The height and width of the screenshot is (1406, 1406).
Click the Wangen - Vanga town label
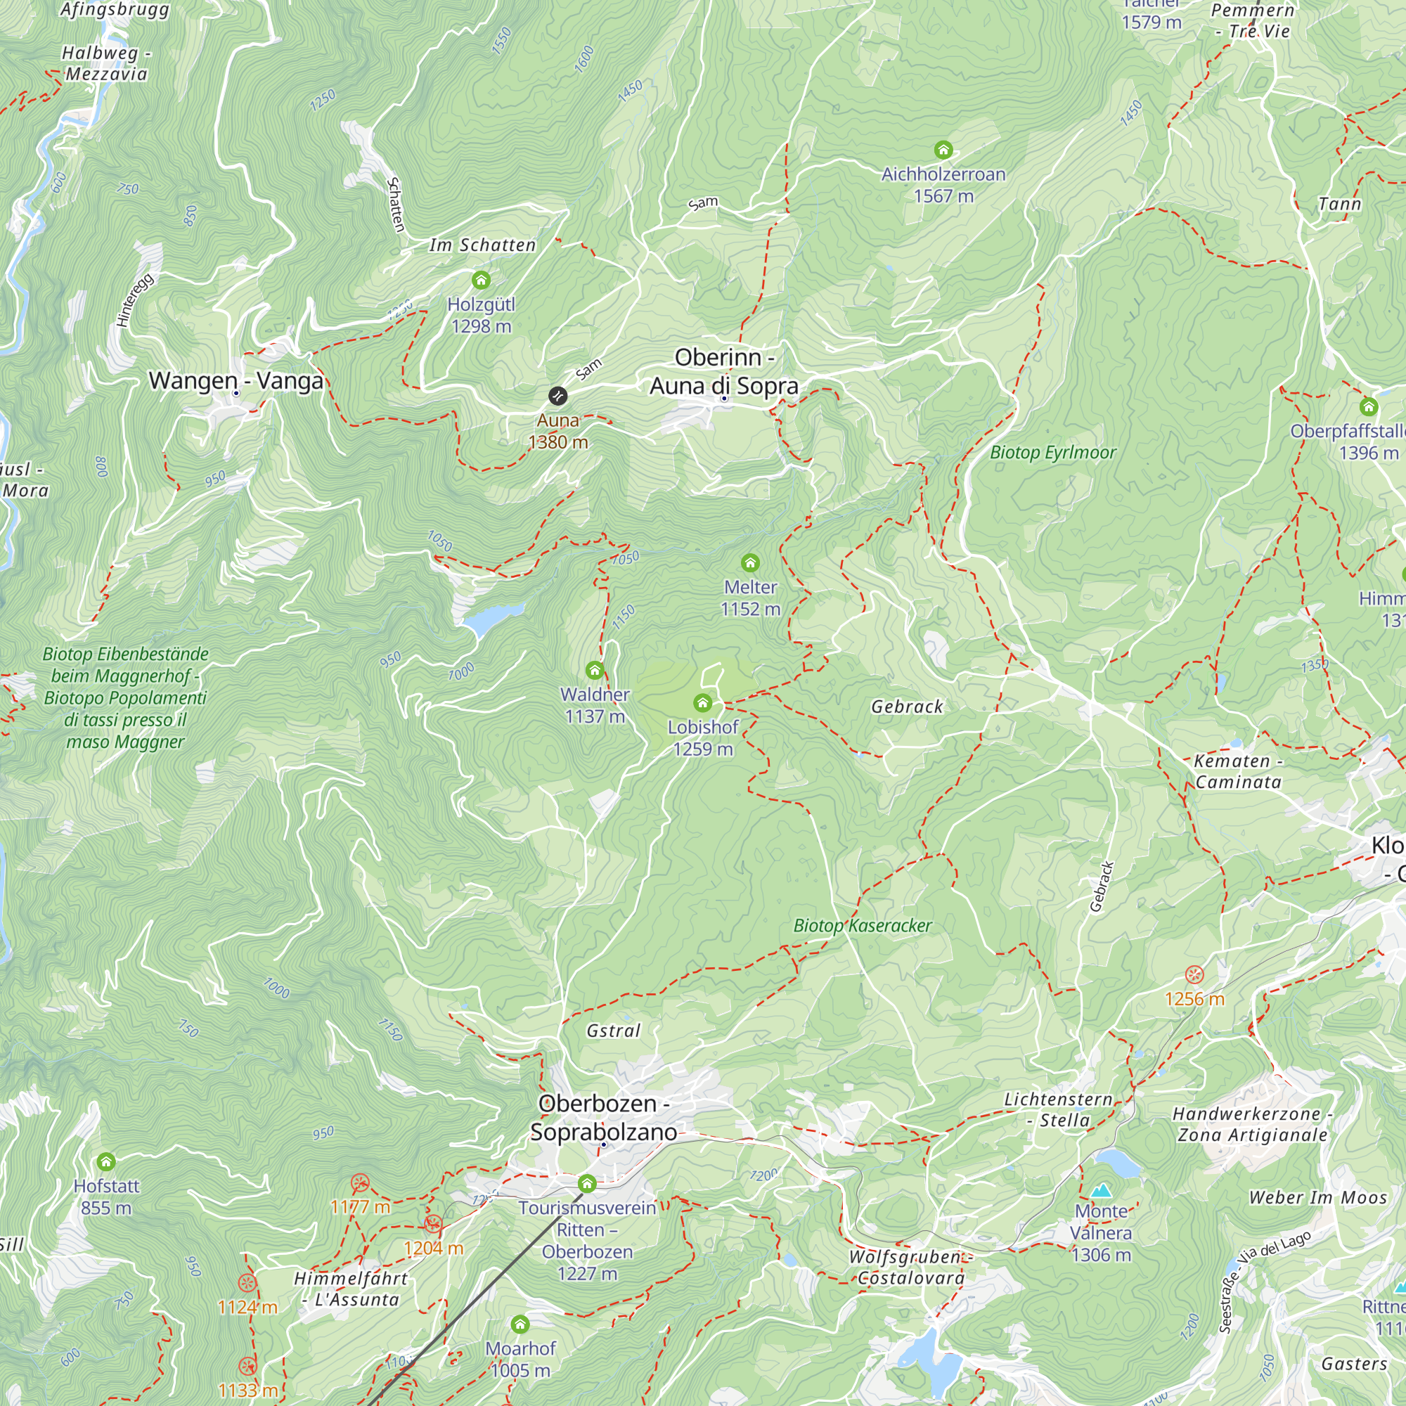pyautogui.click(x=236, y=380)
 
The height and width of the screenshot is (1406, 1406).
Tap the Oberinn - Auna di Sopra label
pyautogui.click(x=724, y=371)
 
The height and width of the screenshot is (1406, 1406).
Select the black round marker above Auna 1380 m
pyautogui.click(x=557, y=396)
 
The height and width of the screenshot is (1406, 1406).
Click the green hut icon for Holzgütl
pyautogui.click(x=481, y=280)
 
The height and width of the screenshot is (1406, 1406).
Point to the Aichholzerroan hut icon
pyautogui.click(x=943, y=150)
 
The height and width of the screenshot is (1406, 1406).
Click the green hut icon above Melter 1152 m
pyautogui.click(x=750, y=562)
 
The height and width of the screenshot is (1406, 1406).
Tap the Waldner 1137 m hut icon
pyautogui.click(x=595, y=670)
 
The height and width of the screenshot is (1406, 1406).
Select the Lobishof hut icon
pyautogui.click(x=702, y=703)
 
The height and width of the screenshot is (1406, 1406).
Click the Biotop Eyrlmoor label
pyautogui.click(x=1052, y=453)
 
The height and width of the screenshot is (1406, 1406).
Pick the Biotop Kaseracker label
pyautogui.click(x=863, y=926)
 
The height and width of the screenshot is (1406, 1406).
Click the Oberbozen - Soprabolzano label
pyautogui.click(x=603, y=1118)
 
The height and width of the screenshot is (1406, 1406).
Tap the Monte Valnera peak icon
pyautogui.click(x=1101, y=1192)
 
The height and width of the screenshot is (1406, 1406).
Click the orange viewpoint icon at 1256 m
pyautogui.click(x=1194, y=974)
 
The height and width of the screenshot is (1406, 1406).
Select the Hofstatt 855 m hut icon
pyautogui.click(x=106, y=1161)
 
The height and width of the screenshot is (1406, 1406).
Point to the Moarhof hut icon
pyautogui.click(x=520, y=1324)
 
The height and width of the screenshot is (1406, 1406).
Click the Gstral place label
pyautogui.click(x=614, y=1031)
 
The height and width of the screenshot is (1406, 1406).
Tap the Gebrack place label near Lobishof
pyautogui.click(x=907, y=707)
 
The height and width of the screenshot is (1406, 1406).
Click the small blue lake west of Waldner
pyautogui.click(x=488, y=619)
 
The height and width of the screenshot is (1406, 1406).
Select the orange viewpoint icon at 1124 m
pyautogui.click(x=247, y=1283)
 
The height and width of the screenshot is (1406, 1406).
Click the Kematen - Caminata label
pyautogui.click(x=1238, y=771)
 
